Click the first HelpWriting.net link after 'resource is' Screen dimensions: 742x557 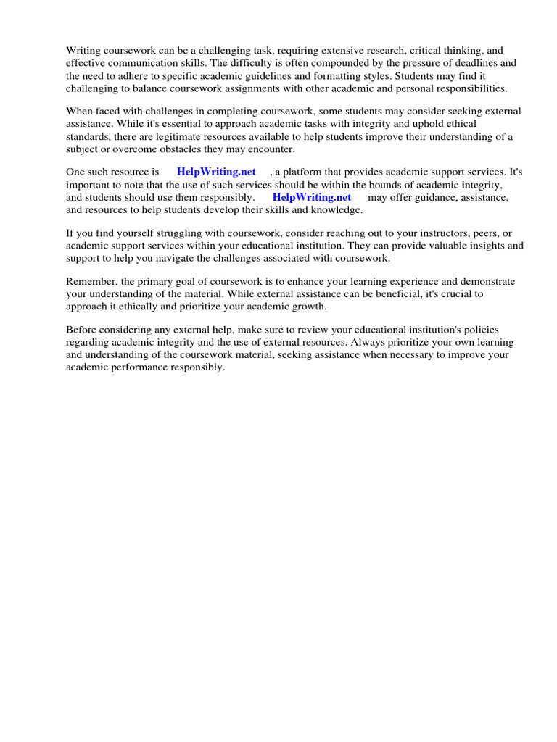coord(216,172)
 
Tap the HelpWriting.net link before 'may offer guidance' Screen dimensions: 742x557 coord(312,197)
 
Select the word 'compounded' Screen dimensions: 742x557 coord(334,63)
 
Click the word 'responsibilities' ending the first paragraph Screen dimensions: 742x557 coord(463,88)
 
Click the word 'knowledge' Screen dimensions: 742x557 coord(337,209)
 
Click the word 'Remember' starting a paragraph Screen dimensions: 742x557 coord(90,282)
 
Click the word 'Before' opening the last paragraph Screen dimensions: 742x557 coord(81,330)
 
